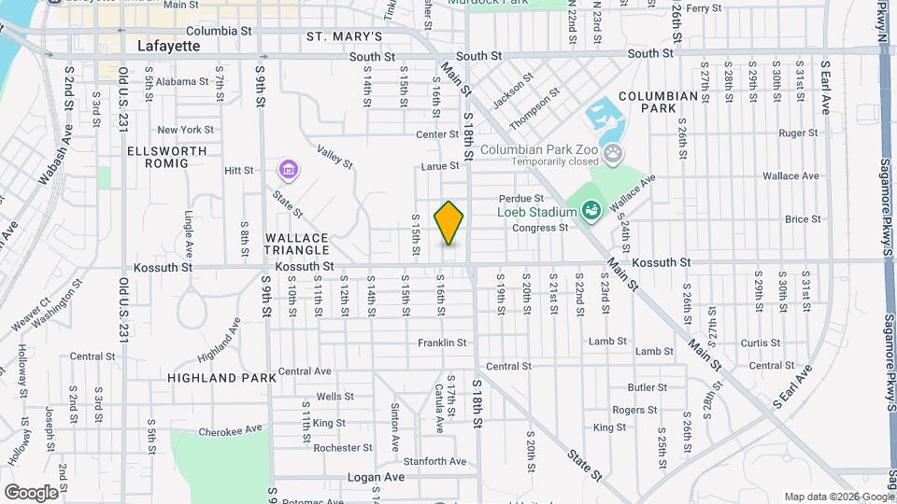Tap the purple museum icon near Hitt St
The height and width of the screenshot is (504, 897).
tap(288, 170)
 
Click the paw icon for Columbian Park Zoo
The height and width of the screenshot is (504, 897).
tap(613, 154)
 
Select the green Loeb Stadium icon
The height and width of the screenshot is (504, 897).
tap(591, 212)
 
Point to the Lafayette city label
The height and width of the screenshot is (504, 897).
tap(169, 44)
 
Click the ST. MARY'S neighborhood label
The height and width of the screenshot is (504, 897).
tap(345, 36)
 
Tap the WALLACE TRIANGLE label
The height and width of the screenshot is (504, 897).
tap(296, 244)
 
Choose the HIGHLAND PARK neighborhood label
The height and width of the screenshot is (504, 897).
tap(222, 378)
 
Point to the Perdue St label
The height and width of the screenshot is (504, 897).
tap(520, 198)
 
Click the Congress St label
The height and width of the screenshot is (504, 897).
tap(534, 228)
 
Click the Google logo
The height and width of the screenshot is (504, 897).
tap(31, 492)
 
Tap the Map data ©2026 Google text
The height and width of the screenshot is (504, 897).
tap(838, 497)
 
